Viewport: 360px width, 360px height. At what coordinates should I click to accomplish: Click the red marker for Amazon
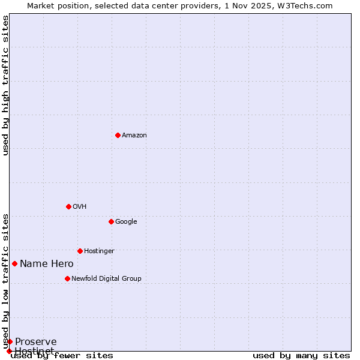point(118,135)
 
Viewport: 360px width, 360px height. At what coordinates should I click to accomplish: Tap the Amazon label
point(134,136)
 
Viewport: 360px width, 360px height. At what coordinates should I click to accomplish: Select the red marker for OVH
point(68,206)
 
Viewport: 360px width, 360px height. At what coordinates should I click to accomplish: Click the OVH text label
point(80,207)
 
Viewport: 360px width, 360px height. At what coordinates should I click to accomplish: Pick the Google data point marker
point(111,221)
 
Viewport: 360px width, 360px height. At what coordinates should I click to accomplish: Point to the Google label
point(126,222)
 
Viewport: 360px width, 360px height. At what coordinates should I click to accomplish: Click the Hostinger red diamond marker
point(80,251)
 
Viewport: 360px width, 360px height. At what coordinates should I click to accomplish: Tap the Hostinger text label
point(99,251)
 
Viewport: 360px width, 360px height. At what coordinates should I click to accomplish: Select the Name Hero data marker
point(14,263)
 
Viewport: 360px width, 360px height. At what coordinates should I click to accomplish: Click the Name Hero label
point(47,264)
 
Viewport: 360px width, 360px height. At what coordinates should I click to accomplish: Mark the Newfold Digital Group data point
point(67,278)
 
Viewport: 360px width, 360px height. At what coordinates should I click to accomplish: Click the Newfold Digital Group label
point(106,279)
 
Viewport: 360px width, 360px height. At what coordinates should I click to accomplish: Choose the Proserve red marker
point(10,341)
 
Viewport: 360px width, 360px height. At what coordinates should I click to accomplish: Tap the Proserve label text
point(36,342)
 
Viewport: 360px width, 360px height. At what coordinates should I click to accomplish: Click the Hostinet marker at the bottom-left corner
point(9,351)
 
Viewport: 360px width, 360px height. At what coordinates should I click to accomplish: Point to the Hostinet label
point(34,350)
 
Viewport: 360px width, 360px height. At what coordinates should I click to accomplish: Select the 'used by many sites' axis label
point(301,356)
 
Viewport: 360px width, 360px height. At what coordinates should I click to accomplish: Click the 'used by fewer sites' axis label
point(62,356)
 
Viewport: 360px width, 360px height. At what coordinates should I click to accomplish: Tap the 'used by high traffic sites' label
point(5,85)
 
